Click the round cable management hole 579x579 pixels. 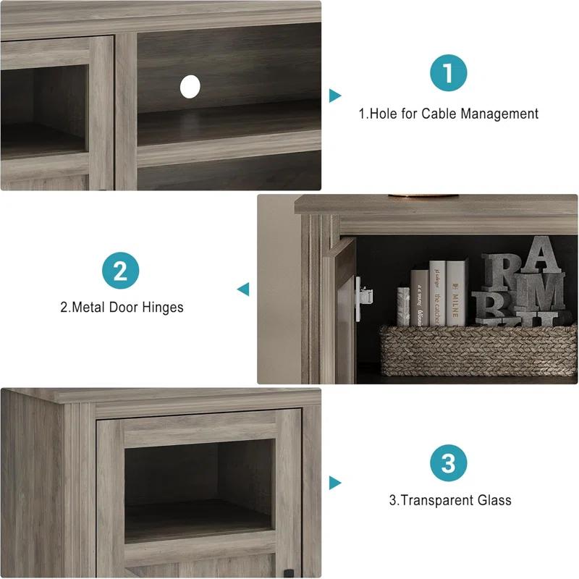coord(190,87)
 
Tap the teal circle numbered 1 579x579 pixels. coord(449,73)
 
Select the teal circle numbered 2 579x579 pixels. coord(121,271)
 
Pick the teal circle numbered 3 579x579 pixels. coord(449,463)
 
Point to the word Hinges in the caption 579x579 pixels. coord(161,308)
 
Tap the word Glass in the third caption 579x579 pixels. coord(494,500)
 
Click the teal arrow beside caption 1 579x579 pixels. coord(334,96)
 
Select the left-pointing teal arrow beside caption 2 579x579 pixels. coord(243,289)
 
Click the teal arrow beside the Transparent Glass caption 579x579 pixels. coord(334,482)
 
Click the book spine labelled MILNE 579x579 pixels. coord(456,293)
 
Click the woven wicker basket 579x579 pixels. coord(478,350)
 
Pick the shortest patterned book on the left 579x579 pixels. coord(403,306)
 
